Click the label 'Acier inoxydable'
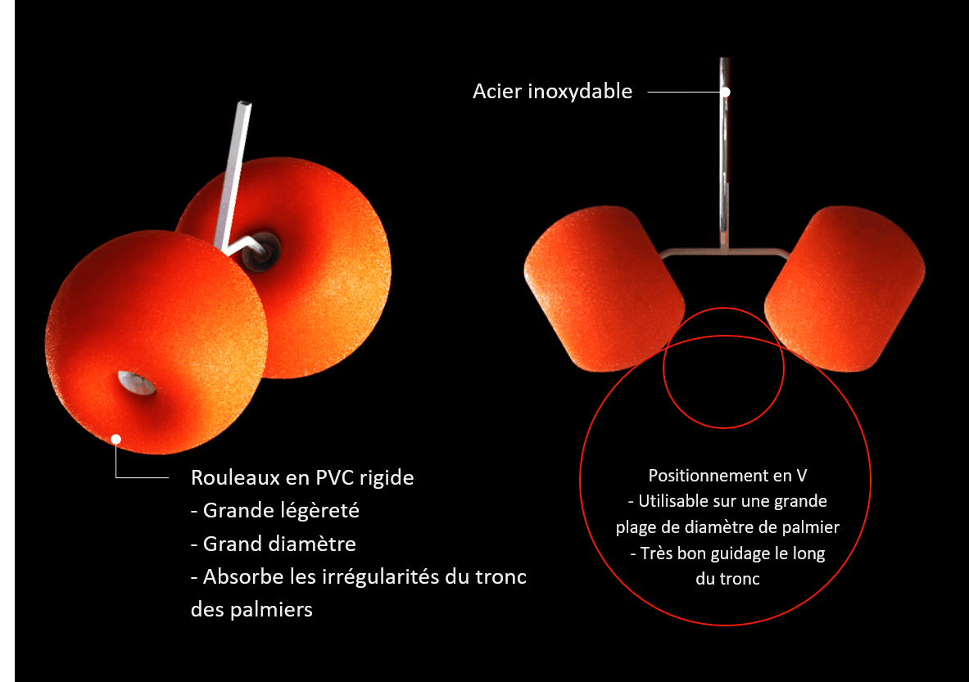point(552,92)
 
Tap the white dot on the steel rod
point(726,92)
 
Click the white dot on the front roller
point(116,440)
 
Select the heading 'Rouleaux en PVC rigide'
point(302,477)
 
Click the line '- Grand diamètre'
point(273,544)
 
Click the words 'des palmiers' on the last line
point(251,610)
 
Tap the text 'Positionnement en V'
point(724,476)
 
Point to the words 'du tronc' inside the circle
point(724,579)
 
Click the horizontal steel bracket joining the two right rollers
point(724,251)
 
